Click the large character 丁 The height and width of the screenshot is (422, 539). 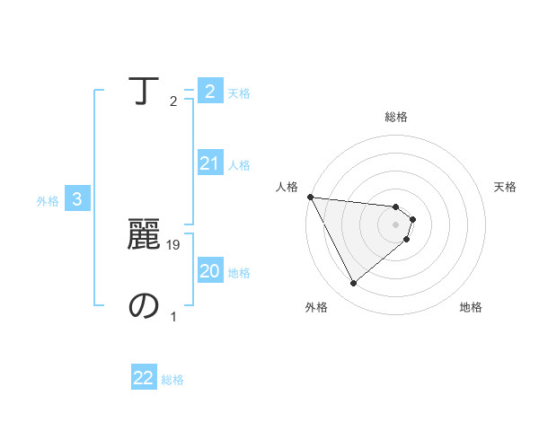pyautogui.click(x=144, y=91)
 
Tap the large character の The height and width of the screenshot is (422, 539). pyautogui.click(x=144, y=306)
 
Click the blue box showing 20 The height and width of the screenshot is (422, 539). pyautogui.click(x=209, y=270)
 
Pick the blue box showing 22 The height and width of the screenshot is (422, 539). pyautogui.click(x=144, y=378)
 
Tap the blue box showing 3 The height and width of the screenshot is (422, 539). pyautogui.click(x=77, y=199)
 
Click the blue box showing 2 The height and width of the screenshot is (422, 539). pyautogui.click(x=209, y=91)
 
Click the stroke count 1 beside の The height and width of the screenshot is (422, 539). pyautogui.click(x=173, y=316)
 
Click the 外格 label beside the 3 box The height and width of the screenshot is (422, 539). pyautogui.click(x=48, y=201)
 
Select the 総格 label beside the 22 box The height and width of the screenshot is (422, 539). pyautogui.click(x=172, y=380)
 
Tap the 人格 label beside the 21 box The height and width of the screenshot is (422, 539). pyautogui.click(x=239, y=165)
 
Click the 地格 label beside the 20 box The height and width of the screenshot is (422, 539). pyautogui.click(x=239, y=273)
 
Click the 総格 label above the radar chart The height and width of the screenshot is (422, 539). pyautogui.click(x=396, y=117)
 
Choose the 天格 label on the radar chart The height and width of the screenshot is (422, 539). pyautogui.click(x=505, y=187)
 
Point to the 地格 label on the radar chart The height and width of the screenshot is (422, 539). pyautogui.click(x=471, y=307)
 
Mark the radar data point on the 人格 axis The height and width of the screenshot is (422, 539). pyautogui.click(x=310, y=197)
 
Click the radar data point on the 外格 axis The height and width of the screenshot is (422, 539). pyautogui.click(x=353, y=284)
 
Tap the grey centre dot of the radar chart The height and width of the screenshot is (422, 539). pyautogui.click(x=396, y=224)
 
